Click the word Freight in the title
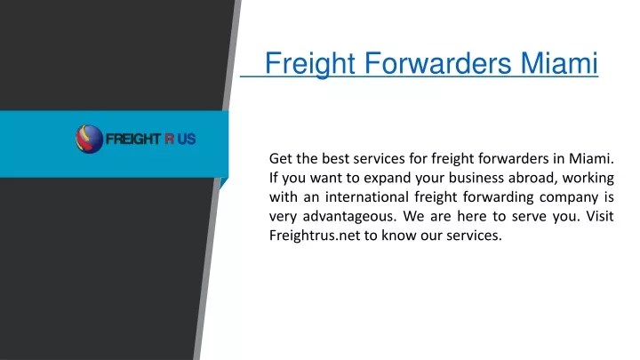coord(310,64)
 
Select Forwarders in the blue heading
coord(437,63)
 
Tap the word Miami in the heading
coord(559,63)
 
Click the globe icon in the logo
coord(89,140)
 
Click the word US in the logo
coord(187,140)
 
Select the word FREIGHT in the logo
coord(133,140)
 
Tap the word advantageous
coord(349,216)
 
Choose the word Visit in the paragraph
coord(600,216)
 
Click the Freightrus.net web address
coord(315,236)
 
